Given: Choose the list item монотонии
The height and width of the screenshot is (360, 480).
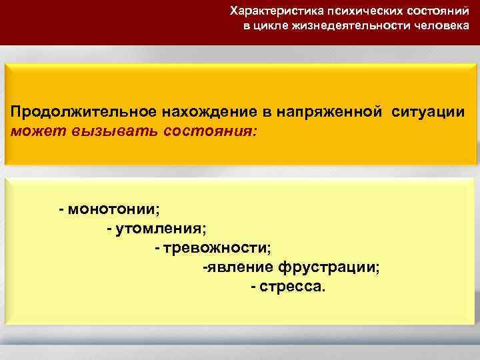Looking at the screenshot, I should pyautogui.click(x=113, y=210).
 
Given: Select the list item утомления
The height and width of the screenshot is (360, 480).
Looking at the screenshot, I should pyautogui.click(x=161, y=229).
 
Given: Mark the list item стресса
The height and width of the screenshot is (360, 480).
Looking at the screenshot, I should pyautogui.click(x=294, y=287).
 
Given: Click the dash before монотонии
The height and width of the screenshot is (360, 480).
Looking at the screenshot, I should pyautogui.click(x=61, y=210).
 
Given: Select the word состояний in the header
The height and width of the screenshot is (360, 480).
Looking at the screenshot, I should pyautogui.click(x=435, y=11).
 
